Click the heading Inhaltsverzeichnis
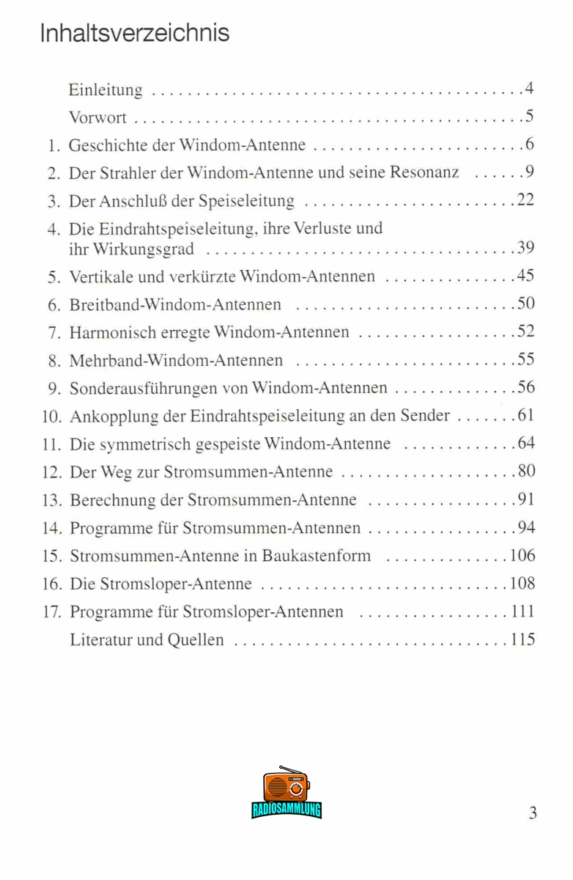(135, 33)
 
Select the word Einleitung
(106, 90)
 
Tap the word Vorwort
(97, 117)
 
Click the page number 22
(525, 200)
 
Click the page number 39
(525, 249)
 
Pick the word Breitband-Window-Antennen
(174, 304)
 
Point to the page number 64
(526, 444)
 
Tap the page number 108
(522, 584)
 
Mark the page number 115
(522, 639)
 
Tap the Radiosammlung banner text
(286, 810)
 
